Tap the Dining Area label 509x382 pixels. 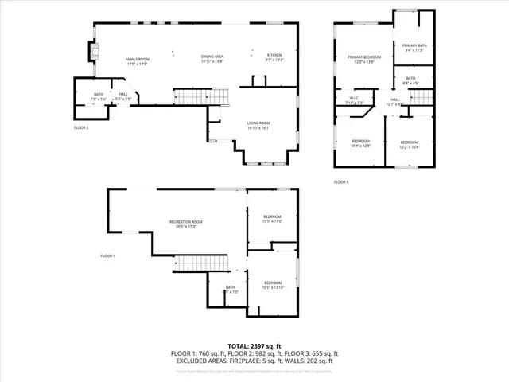(x=212, y=59)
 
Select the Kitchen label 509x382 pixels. (x=274, y=57)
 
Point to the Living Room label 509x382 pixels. (x=258, y=125)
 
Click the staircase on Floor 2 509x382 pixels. (x=191, y=96)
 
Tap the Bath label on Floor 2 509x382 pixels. (x=99, y=96)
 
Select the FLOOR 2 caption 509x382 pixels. (x=81, y=127)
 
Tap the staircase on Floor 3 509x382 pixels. (x=420, y=96)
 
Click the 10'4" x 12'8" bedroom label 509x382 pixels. (x=360, y=143)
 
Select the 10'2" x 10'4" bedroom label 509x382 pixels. (x=409, y=145)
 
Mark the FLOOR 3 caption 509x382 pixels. (x=341, y=182)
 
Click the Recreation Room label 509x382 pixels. (x=186, y=224)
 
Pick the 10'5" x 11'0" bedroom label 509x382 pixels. (x=272, y=219)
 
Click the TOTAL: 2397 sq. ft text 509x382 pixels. (x=254, y=346)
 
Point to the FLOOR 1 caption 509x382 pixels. (x=107, y=255)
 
